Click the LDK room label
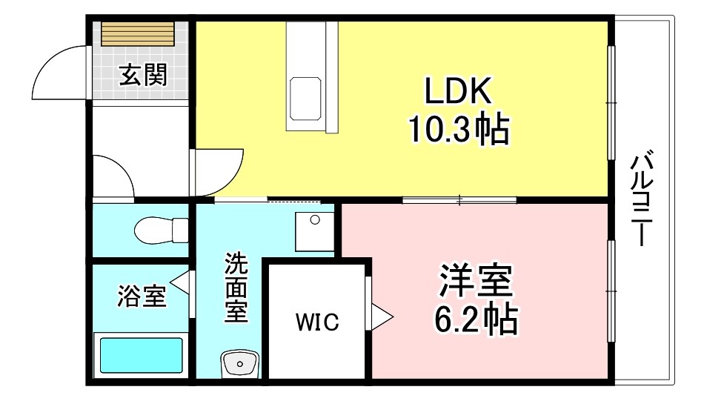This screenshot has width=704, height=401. [x=457, y=92]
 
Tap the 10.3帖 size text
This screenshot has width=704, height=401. [x=457, y=129]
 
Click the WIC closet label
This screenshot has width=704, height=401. [x=317, y=322]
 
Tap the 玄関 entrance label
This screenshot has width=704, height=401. [x=143, y=75]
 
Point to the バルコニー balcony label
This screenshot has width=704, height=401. [x=642, y=200]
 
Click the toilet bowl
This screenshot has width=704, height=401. [x=156, y=230]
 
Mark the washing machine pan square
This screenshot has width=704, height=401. [x=316, y=231]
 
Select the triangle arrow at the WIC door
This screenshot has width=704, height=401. [x=382, y=316]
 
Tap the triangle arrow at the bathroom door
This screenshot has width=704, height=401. [x=178, y=282]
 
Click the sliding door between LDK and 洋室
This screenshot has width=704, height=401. [x=459, y=199]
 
